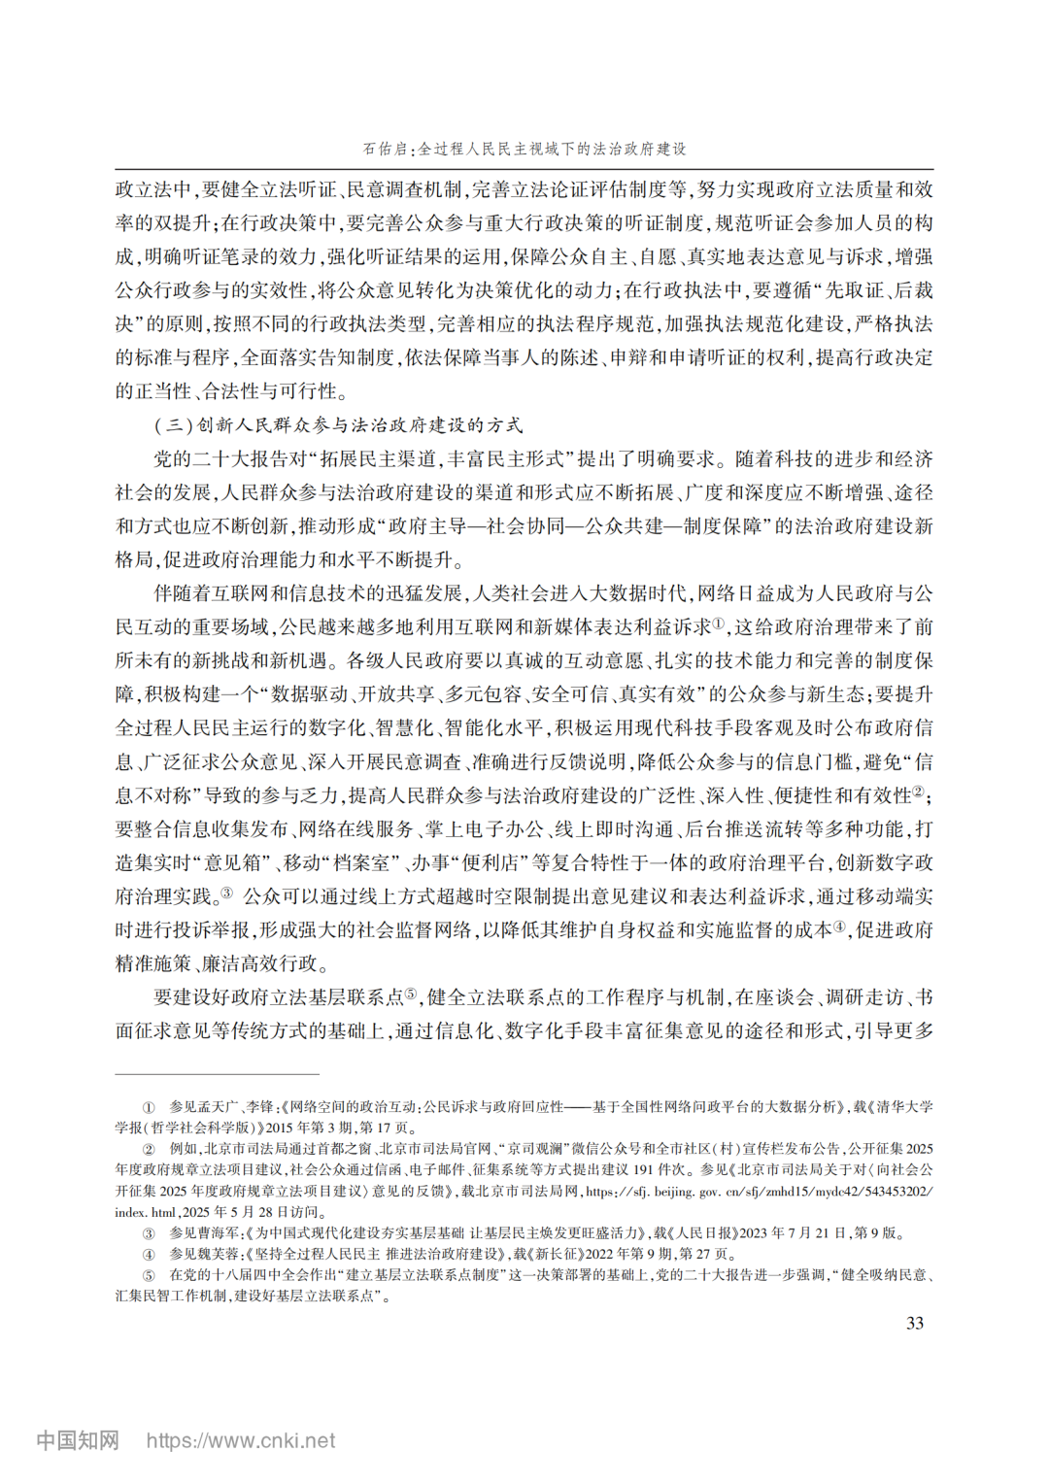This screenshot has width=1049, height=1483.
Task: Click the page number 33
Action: point(914,1323)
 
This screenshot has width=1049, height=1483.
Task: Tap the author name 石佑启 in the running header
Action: point(385,149)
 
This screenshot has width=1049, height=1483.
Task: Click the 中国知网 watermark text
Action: point(78,1440)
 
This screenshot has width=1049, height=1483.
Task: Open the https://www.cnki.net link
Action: point(241,1440)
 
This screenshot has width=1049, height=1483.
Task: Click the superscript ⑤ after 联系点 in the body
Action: point(411,994)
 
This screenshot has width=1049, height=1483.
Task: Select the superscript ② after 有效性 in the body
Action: point(917,792)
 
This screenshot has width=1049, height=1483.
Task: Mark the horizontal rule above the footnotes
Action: point(217,1074)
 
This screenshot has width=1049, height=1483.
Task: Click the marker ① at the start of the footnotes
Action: point(149,1106)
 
